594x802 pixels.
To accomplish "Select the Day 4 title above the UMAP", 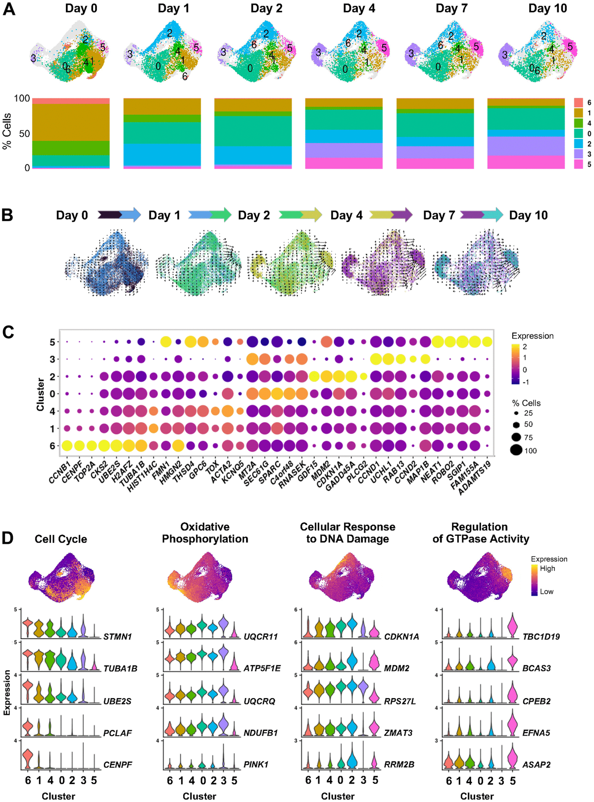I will pyautogui.click(x=359, y=8).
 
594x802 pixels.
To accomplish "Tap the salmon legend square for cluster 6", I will pyautogui.click(x=578, y=102).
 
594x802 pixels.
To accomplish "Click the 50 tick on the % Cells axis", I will pyautogui.click(x=23, y=134).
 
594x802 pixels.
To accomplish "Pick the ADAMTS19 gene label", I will pyautogui.click(x=477, y=477).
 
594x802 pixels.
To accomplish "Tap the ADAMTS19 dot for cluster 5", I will pyautogui.click(x=487, y=342).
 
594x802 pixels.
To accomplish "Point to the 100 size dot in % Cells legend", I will pyautogui.click(x=516, y=450).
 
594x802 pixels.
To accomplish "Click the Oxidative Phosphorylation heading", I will pyautogui.click(x=205, y=533).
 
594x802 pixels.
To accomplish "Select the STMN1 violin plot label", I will pyautogui.click(x=117, y=637).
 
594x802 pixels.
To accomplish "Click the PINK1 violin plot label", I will pyautogui.click(x=256, y=764).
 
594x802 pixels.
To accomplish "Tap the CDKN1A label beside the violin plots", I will pyautogui.click(x=401, y=637).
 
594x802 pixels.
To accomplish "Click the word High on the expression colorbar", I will pyautogui.click(x=547, y=568).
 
